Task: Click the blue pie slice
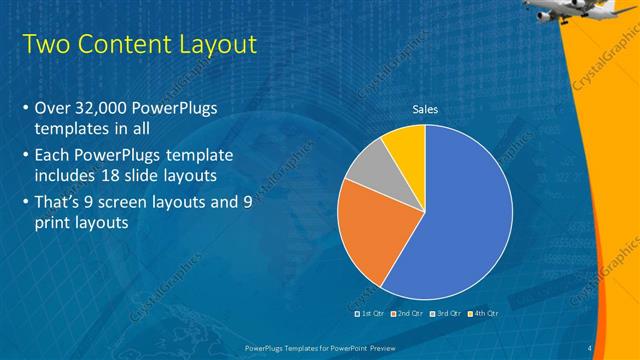click(460, 220)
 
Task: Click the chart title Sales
click(425, 110)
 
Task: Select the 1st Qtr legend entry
click(370, 313)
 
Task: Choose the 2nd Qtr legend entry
click(406, 313)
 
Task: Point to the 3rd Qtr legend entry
click(445, 313)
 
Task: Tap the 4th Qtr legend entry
click(483, 313)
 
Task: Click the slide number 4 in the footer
click(591, 348)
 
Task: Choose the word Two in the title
click(44, 45)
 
